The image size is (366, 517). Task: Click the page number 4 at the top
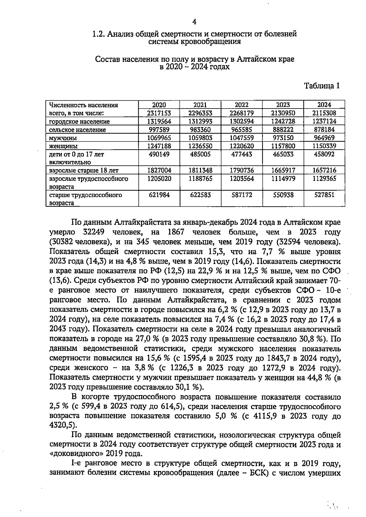click(194, 22)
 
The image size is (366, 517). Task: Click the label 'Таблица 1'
click(322, 86)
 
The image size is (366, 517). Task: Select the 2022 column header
click(242, 105)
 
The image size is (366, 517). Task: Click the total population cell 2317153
click(159, 113)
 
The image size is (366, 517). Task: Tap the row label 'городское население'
click(80, 122)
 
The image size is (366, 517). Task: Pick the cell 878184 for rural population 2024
click(324, 130)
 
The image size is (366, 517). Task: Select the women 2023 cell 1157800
click(283, 146)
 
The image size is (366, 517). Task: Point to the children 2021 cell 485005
click(200, 154)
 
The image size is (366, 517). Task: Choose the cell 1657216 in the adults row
click(324, 170)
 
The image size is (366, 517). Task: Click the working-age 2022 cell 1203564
click(242, 179)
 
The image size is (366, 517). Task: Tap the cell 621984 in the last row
click(159, 195)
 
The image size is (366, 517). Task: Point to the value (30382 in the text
click(61, 242)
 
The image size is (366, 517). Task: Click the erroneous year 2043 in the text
click(58, 330)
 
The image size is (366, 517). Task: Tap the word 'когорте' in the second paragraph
click(97, 397)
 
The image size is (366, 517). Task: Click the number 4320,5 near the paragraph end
click(60, 425)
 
